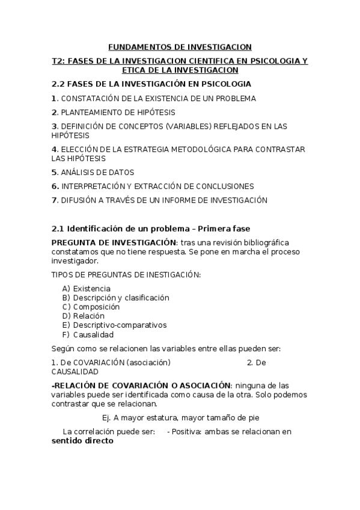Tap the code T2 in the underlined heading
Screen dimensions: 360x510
[x=58, y=61]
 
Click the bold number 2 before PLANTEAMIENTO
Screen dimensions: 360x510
[x=54, y=112]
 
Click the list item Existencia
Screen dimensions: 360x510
[x=91, y=289]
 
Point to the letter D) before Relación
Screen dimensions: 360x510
[x=66, y=316]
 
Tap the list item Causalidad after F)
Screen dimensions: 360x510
[x=93, y=334]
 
